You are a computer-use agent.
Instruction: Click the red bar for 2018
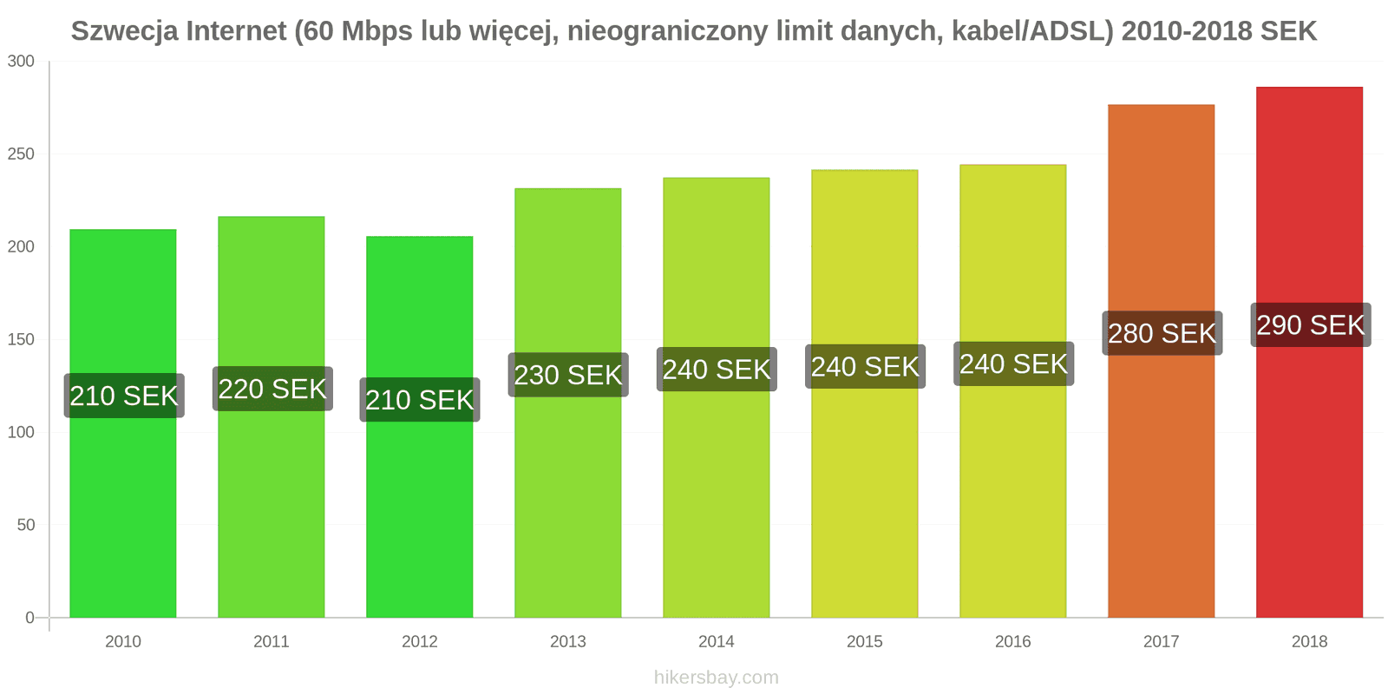point(1309,477)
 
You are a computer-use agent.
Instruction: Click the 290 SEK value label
point(1310,325)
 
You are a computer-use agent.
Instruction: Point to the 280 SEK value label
point(1162,333)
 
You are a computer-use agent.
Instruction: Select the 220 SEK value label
point(272,389)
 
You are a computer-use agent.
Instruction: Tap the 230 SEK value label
point(568,375)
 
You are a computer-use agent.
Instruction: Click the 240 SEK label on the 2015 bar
point(865,367)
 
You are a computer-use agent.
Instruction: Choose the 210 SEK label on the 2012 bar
point(420,400)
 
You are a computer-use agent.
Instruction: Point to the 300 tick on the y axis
point(21,62)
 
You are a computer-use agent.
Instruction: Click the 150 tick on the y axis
point(21,339)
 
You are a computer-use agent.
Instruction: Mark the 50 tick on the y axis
point(25,525)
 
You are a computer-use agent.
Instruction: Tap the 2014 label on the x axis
point(717,642)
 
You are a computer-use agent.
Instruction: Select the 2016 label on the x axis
point(1013,642)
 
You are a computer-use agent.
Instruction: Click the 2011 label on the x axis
point(272,642)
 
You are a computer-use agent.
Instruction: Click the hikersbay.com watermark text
point(717,678)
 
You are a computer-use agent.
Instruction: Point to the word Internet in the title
point(236,31)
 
